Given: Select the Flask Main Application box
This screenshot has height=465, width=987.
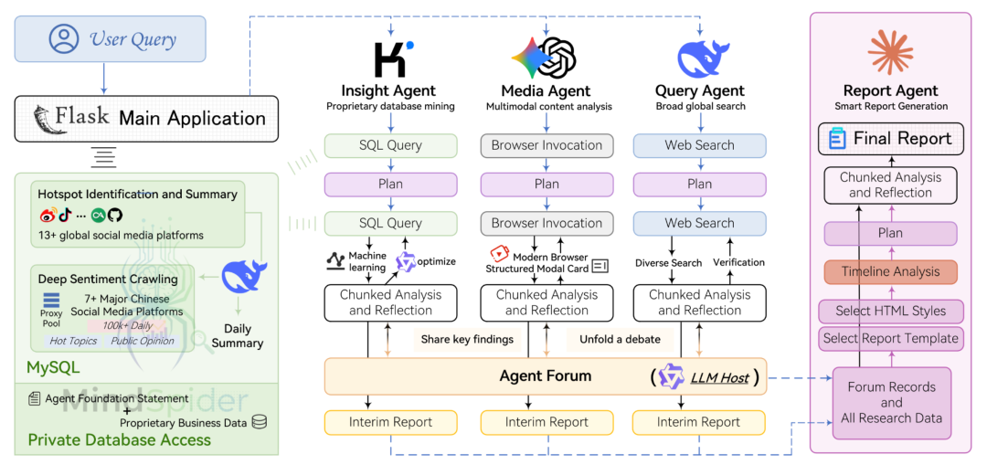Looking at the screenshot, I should tap(146, 118).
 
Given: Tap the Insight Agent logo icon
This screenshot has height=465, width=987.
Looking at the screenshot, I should tap(391, 58).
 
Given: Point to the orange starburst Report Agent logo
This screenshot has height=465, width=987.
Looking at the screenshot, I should tap(890, 52).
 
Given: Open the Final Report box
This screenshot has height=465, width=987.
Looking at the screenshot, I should tap(890, 139).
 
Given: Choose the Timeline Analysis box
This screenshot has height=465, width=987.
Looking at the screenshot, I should tap(890, 271).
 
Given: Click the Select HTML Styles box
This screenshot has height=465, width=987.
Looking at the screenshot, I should tap(890, 311).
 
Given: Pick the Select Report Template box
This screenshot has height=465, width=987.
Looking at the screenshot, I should tap(890, 338).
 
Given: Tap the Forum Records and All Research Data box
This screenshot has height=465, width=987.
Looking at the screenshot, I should tap(891, 402).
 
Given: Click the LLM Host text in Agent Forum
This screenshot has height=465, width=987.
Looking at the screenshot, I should tap(719, 376).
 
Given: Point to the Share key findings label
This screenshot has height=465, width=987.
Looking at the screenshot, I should tap(466, 340).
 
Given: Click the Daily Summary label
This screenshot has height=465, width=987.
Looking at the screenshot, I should tap(237, 336).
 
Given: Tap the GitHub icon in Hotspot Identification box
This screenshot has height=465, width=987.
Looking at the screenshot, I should tap(114, 216).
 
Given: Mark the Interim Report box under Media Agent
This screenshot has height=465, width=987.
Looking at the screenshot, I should tap(547, 422).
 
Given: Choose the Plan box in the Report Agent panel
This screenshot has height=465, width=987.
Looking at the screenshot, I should tap(890, 233).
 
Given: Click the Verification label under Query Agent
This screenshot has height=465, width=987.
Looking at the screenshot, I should tap(738, 263).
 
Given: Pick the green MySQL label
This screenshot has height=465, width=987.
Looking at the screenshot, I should tap(54, 368).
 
